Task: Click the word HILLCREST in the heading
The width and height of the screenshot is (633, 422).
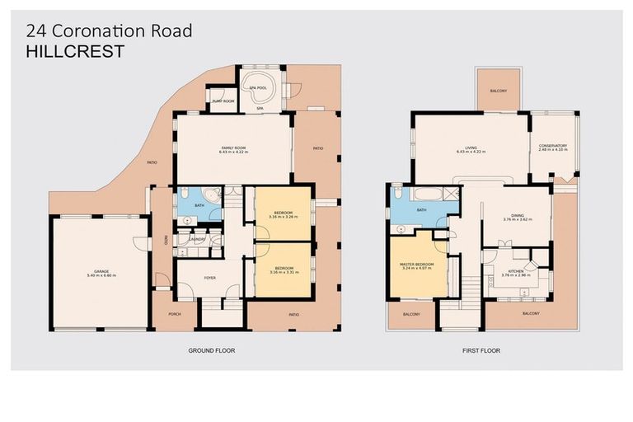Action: click(x=76, y=51)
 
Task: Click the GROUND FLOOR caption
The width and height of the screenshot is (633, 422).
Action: click(x=212, y=350)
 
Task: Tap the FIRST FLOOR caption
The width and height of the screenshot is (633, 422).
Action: click(x=481, y=350)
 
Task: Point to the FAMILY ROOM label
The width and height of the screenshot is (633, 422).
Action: click(x=233, y=148)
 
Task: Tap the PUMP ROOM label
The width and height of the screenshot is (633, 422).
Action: click(x=223, y=101)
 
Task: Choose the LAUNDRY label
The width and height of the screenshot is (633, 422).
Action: click(x=197, y=239)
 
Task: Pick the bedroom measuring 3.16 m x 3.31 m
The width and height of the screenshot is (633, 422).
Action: click(x=284, y=270)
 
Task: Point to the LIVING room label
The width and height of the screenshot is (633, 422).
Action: click(x=471, y=148)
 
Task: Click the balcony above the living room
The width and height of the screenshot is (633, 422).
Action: click(x=498, y=91)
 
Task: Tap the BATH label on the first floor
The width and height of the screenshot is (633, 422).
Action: click(x=421, y=210)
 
